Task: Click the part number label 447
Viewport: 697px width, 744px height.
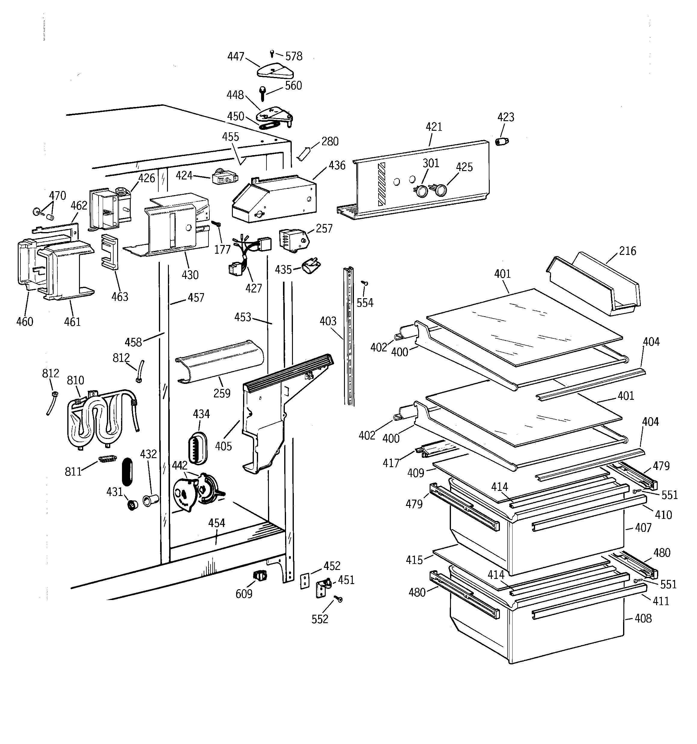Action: coord(236,57)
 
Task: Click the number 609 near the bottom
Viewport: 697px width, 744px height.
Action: coord(244,594)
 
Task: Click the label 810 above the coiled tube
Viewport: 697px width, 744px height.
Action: coord(75,381)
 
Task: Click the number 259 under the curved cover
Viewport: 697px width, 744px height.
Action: coord(222,393)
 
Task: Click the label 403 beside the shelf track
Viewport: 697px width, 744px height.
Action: coord(328,321)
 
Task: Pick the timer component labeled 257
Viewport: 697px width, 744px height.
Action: coord(293,240)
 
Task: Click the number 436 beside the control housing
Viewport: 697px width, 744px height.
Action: coord(337,165)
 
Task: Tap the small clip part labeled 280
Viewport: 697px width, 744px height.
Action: coord(303,153)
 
